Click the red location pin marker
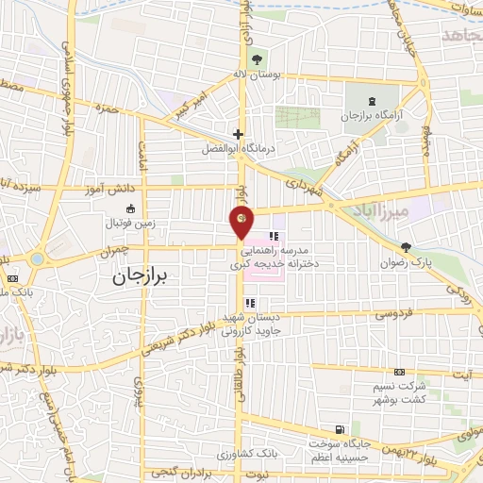click(242, 222)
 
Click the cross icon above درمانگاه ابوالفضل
click(239, 134)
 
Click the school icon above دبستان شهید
click(250, 303)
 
